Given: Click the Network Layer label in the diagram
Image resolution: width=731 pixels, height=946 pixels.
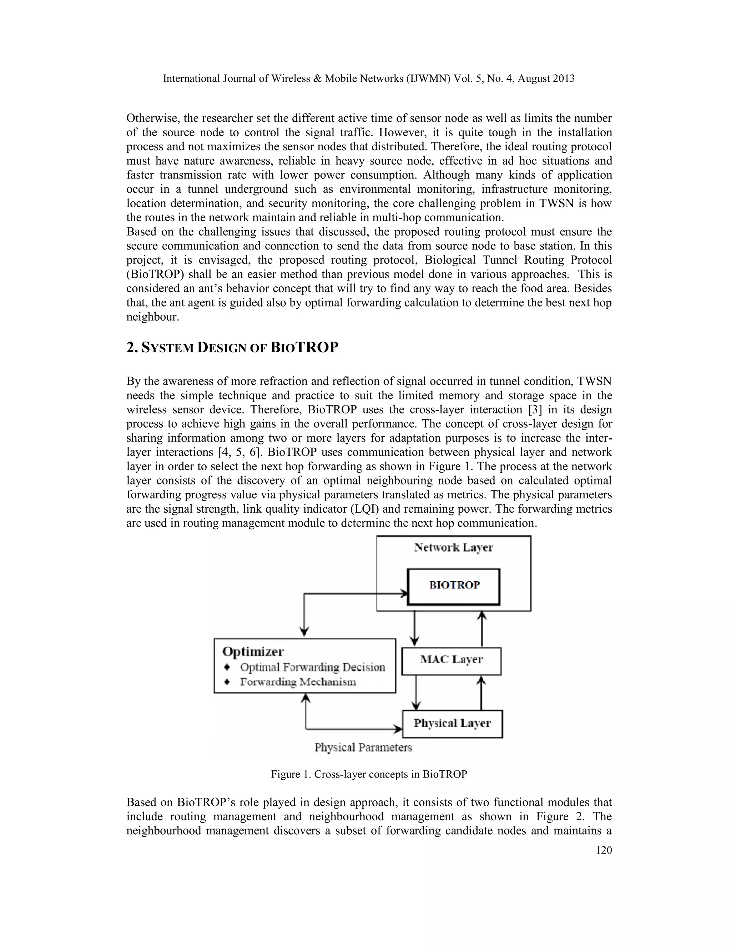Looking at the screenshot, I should point(453,548).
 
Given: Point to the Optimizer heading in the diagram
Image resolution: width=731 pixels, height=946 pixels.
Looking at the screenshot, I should point(253,651).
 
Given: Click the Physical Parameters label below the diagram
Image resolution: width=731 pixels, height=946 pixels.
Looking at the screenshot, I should point(363,748).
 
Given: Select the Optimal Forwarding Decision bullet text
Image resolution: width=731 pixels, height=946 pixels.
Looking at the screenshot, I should point(312,667).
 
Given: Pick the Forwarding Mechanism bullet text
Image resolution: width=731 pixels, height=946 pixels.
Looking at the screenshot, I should point(298,682).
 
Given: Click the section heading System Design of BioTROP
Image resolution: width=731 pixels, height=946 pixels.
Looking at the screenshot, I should point(232,347).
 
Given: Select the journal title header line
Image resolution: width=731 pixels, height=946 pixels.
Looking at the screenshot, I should point(368,79).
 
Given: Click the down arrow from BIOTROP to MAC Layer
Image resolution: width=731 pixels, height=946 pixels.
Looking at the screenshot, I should point(415,628).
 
